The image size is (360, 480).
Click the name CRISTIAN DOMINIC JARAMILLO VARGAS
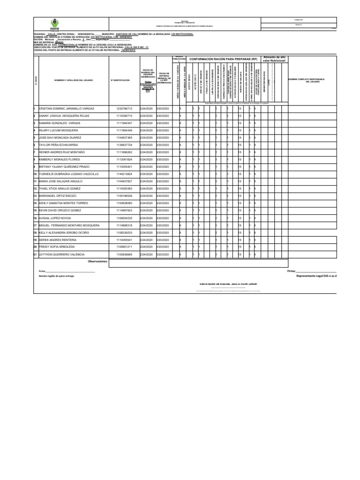click(67, 108)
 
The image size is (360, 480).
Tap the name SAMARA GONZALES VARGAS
click(60, 123)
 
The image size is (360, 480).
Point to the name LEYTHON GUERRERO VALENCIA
click(62, 255)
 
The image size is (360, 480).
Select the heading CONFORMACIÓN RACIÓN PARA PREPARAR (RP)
click(223, 60)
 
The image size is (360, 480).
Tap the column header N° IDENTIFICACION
click(120, 81)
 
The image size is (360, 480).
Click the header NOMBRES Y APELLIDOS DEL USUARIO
click(74, 81)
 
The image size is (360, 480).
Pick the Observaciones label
click(98, 262)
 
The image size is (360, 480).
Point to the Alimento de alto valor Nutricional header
click(275, 59)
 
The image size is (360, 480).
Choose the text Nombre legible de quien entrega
click(57, 277)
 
